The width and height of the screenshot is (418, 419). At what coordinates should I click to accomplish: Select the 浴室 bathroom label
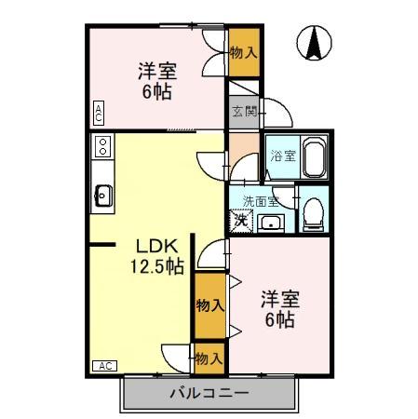pos(282,156)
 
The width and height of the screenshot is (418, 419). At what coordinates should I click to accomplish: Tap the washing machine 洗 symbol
pos(241,221)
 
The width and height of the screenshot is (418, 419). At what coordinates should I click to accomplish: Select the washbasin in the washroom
pos(273,222)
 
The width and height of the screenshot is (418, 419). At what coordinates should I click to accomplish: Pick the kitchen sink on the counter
pos(102,196)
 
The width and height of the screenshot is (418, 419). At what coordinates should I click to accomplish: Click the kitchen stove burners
pos(102,147)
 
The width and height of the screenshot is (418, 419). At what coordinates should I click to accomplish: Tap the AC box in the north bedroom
pos(98,114)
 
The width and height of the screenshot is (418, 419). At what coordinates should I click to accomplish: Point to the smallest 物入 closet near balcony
pos(209,357)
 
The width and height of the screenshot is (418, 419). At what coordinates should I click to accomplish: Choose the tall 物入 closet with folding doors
pos(209,305)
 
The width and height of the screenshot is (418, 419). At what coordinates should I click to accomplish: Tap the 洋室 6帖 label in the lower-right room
pos(277,309)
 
